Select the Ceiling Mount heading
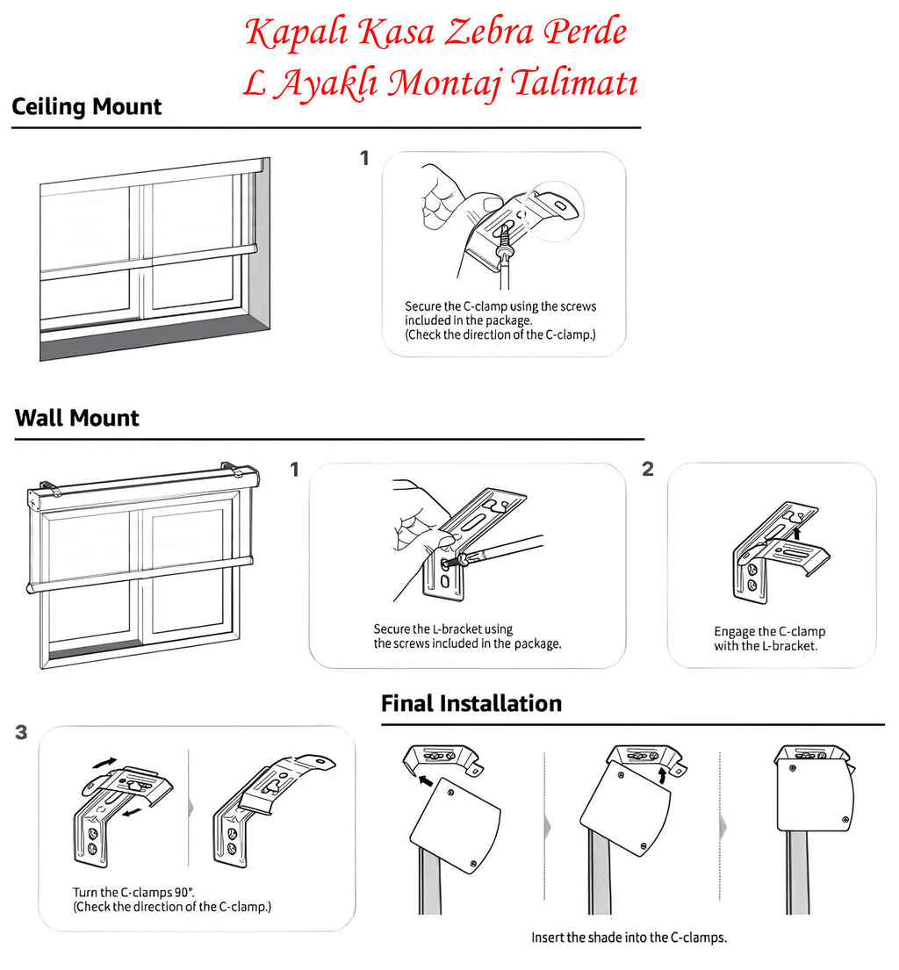(x=87, y=107)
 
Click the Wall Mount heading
(x=77, y=418)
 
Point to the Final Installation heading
(x=471, y=703)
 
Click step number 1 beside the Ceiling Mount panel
(x=364, y=158)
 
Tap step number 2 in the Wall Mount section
(x=648, y=469)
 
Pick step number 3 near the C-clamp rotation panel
(x=21, y=732)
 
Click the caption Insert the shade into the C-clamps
(x=629, y=938)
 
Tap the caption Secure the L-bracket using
(x=442, y=629)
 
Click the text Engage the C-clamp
(x=769, y=631)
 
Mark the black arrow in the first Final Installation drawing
(x=426, y=779)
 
